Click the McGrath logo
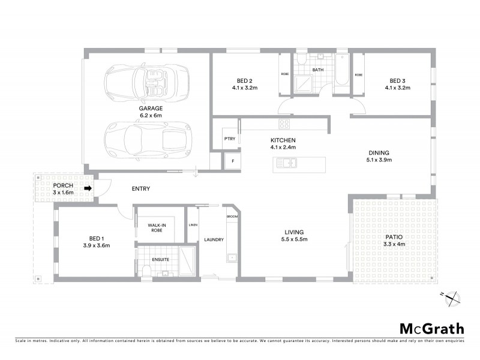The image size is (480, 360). [431, 328]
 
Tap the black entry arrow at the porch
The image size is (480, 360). [87, 188]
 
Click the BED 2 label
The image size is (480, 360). [244, 81]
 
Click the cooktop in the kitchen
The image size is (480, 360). [284, 124]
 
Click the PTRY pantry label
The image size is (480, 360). [229, 138]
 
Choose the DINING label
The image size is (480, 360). [379, 152]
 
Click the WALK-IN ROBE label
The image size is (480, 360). [157, 227]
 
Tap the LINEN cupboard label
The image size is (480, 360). [193, 225]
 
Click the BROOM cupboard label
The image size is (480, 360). [232, 216]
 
